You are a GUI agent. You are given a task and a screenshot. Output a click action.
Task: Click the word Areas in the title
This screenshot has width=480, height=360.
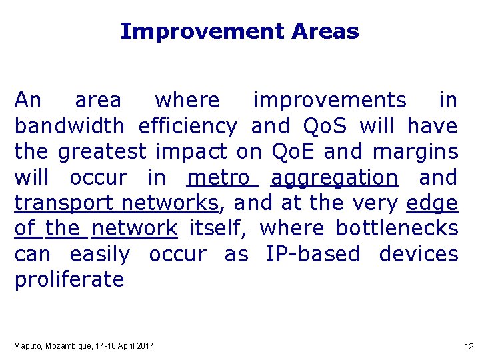(325, 31)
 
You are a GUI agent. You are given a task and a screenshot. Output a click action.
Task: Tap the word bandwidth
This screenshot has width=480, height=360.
(69, 126)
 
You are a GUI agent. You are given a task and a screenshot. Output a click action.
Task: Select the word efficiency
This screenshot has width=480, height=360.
(187, 126)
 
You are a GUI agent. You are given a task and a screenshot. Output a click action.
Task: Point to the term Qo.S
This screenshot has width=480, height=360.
(325, 126)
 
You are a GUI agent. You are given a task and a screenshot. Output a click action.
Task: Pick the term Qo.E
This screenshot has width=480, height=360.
(294, 152)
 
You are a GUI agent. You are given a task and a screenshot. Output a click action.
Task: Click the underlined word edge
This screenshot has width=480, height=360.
(432, 203)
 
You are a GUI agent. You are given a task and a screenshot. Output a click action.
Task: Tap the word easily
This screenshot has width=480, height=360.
(99, 254)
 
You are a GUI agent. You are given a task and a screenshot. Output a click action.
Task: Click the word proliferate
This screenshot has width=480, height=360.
(69, 280)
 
